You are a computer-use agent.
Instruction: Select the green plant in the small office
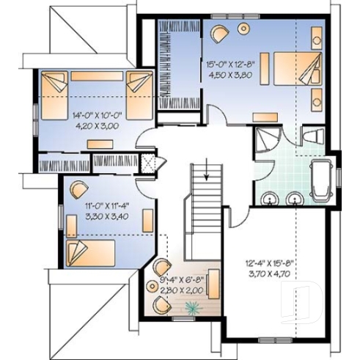tap(192, 309)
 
